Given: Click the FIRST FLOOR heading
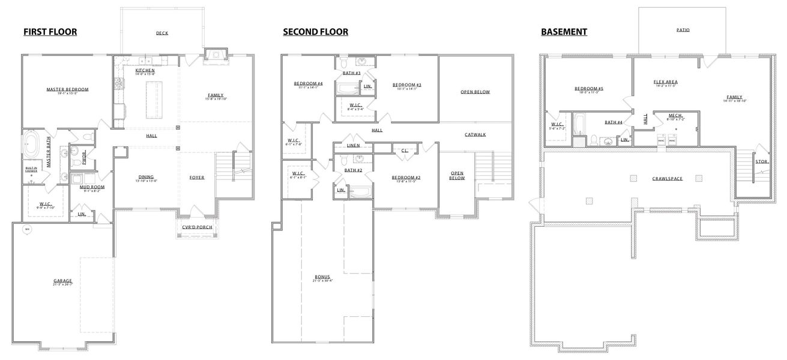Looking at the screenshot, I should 50,32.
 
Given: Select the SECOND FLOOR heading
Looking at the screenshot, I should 315,32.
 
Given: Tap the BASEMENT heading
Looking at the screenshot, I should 564,32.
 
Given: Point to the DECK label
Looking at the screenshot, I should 162,34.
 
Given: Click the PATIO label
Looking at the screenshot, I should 683,29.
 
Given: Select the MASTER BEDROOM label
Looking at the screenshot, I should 67,89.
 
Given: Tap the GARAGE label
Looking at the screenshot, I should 62,280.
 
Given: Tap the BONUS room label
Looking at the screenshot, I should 323,277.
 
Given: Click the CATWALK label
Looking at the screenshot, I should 475,134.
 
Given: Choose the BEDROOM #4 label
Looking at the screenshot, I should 309,83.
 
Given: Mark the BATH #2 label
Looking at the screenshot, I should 353,170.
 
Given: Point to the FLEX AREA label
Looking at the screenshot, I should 665,82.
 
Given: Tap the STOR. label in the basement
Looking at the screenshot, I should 761,161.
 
